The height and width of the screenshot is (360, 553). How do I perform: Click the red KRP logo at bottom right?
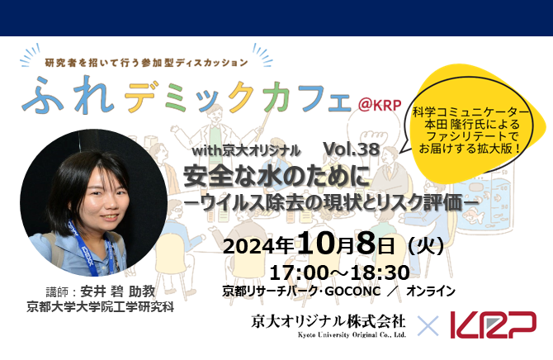pyautogui.click(x=493, y=324)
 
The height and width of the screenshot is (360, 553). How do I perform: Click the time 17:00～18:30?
pyautogui.click(x=339, y=272)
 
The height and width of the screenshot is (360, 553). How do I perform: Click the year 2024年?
pyautogui.click(x=259, y=245)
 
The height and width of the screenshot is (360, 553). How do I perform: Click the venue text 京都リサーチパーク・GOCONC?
pyautogui.click(x=299, y=291)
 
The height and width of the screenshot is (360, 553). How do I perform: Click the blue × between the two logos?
pyautogui.click(x=428, y=324)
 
